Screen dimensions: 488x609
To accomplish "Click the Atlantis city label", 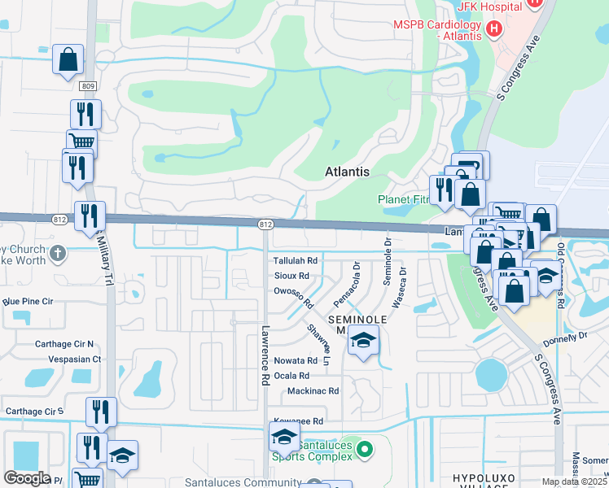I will point(347,172).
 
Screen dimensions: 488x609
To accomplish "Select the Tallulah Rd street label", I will point(295,260).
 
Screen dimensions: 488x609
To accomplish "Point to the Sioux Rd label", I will point(291,276).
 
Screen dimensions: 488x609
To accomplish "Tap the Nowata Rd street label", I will point(296,360).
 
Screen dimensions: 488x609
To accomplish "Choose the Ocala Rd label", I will point(291,376).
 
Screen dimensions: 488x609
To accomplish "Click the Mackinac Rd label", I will point(313,391).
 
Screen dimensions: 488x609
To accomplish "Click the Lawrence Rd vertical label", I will point(265,355).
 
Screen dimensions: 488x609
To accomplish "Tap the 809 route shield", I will point(88,85).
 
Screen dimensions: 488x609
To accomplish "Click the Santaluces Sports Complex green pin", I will point(365,448).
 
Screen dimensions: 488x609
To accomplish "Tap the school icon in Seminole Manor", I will point(363,341).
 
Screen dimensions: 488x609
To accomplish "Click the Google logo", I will point(27,477).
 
